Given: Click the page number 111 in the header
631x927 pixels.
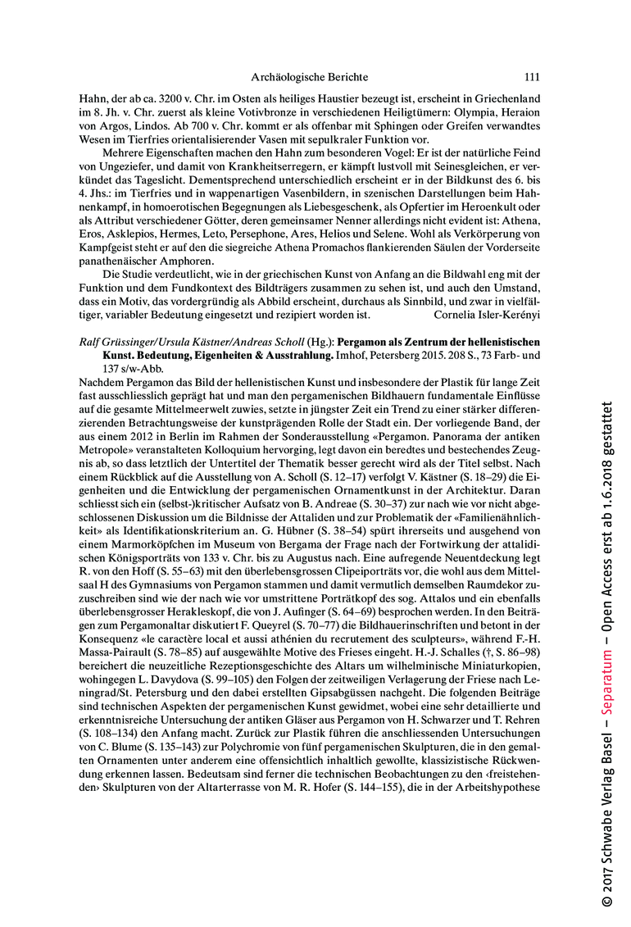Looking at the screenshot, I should click(x=531, y=78).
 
